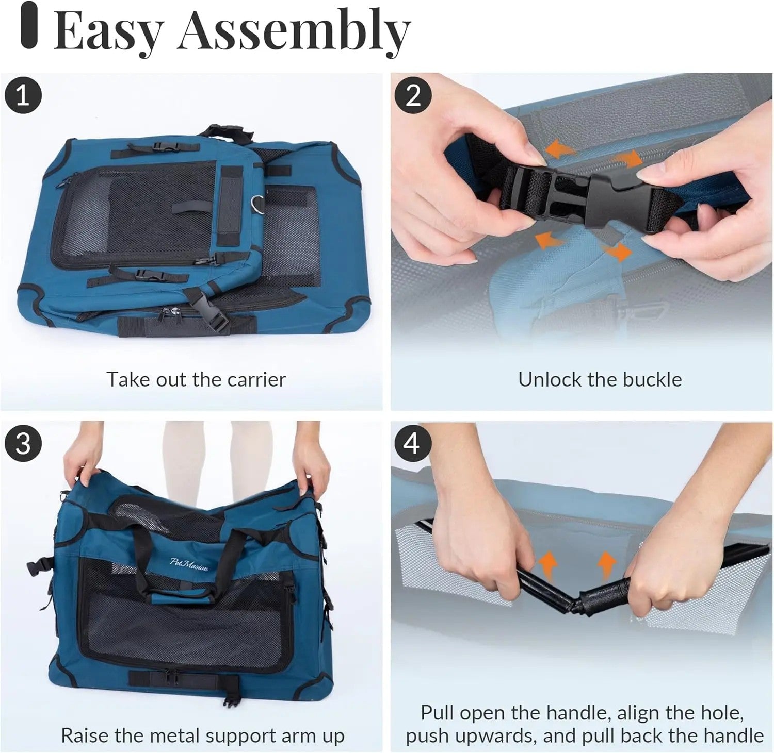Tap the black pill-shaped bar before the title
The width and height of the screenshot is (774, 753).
click(x=29, y=26)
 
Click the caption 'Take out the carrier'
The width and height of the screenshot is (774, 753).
click(x=196, y=379)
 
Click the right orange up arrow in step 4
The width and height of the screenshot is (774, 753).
click(x=606, y=563)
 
